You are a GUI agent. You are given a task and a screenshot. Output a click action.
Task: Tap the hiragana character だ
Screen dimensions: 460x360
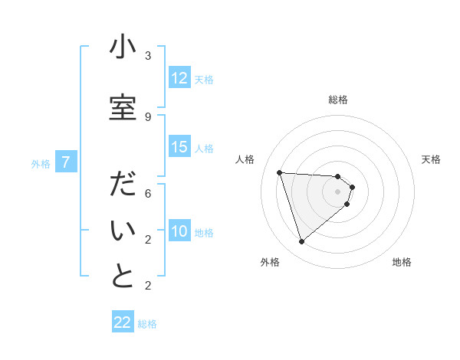tap(123, 186)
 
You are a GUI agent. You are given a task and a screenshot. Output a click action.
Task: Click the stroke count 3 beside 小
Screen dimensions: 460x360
tap(148, 56)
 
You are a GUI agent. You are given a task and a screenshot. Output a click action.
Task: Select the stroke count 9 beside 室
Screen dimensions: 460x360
tap(148, 116)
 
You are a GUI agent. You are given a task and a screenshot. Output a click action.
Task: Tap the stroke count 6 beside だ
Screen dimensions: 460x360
tap(148, 194)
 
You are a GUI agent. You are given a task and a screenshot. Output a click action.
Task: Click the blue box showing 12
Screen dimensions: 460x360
tap(179, 78)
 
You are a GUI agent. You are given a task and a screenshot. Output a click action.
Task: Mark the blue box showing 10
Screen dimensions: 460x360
tap(179, 231)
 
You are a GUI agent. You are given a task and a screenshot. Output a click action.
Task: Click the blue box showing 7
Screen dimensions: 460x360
tap(67, 162)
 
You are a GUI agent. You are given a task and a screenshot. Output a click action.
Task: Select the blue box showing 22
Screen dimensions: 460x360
tap(123, 322)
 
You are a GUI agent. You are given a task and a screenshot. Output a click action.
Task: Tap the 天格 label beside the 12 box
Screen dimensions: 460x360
tap(204, 79)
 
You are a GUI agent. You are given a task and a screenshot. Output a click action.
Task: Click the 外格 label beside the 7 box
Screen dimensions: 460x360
tap(41, 162)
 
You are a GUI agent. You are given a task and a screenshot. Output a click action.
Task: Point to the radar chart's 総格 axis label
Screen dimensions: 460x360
tap(338, 100)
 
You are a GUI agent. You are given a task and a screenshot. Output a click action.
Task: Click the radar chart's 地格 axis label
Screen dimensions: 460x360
tap(402, 262)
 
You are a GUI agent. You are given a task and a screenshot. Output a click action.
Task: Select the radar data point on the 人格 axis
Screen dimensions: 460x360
tap(279, 172)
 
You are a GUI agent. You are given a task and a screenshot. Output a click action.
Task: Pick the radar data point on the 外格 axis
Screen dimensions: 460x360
tap(301, 242)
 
